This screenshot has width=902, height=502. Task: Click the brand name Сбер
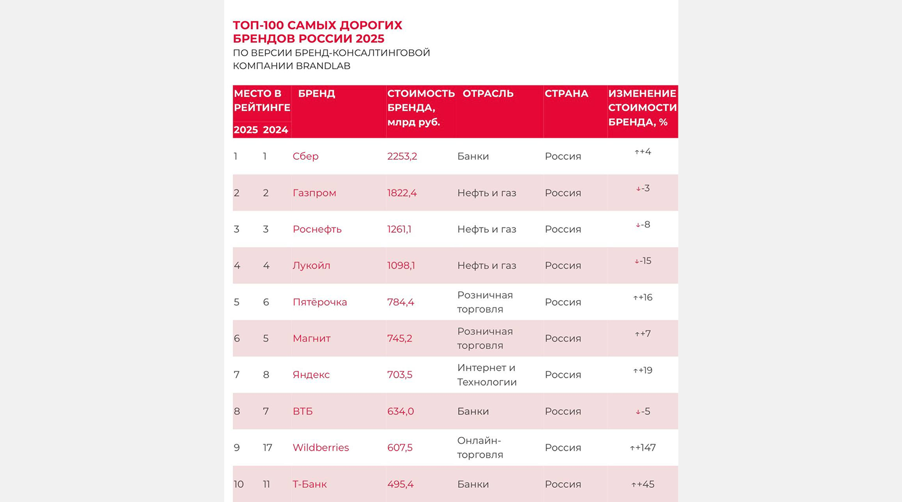point(305,156)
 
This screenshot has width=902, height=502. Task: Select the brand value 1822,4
point(402,193)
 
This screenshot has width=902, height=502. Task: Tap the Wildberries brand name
point(321,448)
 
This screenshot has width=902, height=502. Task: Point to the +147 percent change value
point(643,448)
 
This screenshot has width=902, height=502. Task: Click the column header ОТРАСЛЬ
point(488,94)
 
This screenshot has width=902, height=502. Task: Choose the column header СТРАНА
point(566,94)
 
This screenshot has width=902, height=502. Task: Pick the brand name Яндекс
point(311,375)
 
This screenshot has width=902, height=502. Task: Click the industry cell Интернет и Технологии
point(487,375)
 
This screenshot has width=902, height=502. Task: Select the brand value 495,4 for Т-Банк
point(400,484)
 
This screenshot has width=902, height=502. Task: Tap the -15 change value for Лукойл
point(643,261)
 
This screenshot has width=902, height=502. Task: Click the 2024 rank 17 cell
point(268,448)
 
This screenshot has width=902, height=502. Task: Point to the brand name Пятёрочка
point(319,302)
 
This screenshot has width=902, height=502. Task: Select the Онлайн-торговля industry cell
point(480,448)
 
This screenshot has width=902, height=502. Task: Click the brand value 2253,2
point(402,156)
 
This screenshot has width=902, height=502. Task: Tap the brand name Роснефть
point(317,229)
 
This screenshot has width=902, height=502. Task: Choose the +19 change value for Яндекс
point(643,370)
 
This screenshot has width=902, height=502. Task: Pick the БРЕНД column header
point(316,94)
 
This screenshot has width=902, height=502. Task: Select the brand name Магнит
point(312,338)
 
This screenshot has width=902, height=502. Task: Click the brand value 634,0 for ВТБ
point(400,411)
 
